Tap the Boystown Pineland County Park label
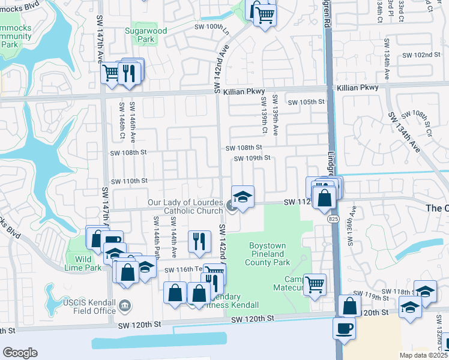tap(268, 254)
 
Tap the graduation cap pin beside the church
tap(242, 197)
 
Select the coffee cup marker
tap(344, 328)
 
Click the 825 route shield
tap(333, 220)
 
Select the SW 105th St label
tap(306, 102)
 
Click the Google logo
tap(20, 353)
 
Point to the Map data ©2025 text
tap(423, 355)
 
